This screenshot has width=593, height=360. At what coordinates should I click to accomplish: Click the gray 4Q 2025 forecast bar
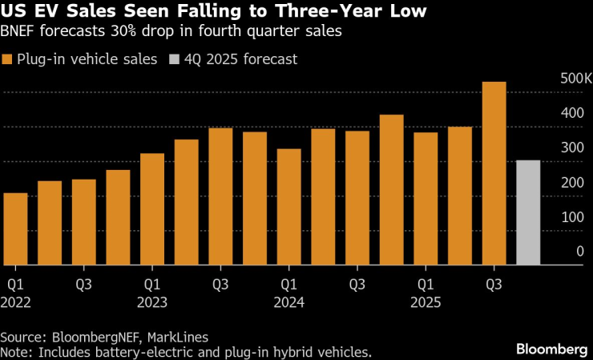click(x=528, y=212)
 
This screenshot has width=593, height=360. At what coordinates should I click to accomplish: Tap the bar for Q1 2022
click(x=15, y=229)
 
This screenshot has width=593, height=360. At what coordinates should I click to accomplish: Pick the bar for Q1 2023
click(x=152, y=208)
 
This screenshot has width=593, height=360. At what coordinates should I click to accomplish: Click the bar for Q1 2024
click(x=289, y=207)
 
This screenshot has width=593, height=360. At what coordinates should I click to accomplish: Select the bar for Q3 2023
click(x=220, y=196)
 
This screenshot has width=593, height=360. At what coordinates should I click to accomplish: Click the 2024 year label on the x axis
click(x=289, y=301)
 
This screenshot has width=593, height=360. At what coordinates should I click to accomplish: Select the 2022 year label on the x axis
click(x=16, y=301)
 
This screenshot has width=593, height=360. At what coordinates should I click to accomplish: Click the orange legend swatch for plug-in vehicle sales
click(x=7, y=59)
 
